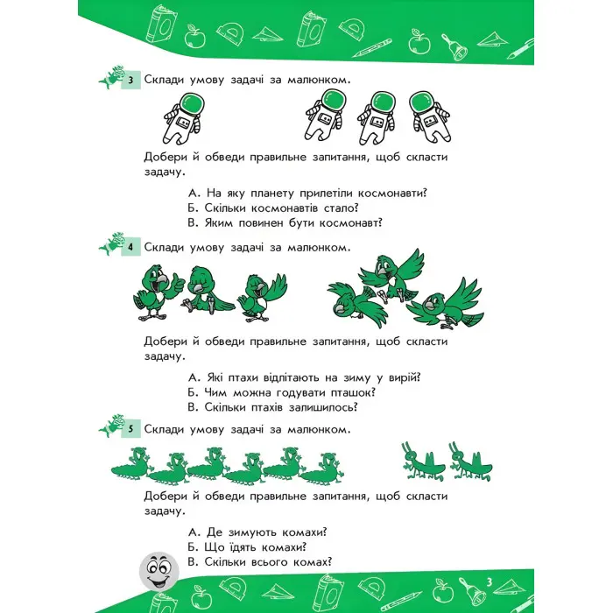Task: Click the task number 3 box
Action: (130, 81)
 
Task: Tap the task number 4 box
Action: (130, 248)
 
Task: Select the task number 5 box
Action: (130, 429)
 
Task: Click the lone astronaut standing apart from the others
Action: (183, 118)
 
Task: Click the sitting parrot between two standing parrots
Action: (206, 290)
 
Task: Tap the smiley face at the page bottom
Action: (159, 571)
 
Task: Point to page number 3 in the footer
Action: (489, 582)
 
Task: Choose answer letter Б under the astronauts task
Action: (193, 208)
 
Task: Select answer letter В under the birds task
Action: (193, 407)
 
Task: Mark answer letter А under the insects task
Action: (194, 532)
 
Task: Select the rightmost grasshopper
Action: (470, 462)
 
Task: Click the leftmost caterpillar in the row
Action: (131, 464)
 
